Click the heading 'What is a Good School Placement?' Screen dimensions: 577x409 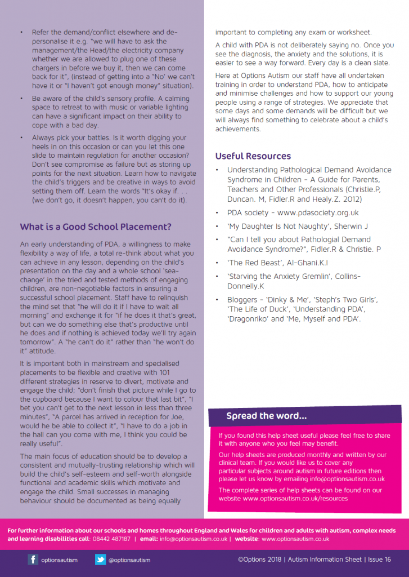pos(96,227)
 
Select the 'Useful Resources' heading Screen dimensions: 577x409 pos(253,156)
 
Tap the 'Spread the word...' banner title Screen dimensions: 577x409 pos(267,416)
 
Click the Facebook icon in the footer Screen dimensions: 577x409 pos(33,560)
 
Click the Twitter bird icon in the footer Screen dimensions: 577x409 pos(100,560)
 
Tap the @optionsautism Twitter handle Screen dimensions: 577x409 pos(129,560)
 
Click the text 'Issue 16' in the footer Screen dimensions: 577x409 pos(380,560)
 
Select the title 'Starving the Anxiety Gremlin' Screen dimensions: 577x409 pos(284,276)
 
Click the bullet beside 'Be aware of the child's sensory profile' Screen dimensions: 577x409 pos(21,98)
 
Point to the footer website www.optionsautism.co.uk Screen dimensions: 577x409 pos(295,539)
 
